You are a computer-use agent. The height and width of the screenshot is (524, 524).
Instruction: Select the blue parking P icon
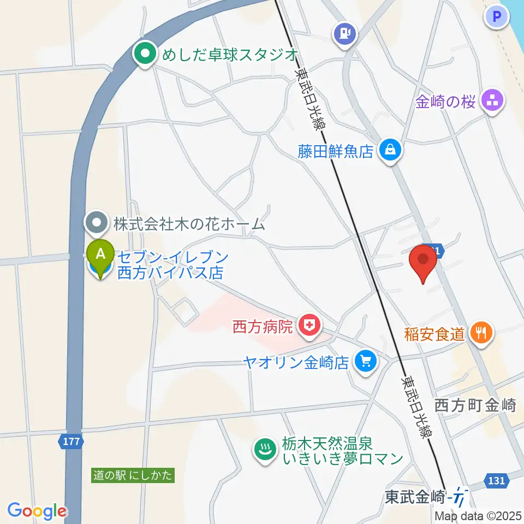[x=496, y=17]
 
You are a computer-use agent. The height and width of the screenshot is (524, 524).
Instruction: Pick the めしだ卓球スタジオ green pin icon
[x=145, y=54]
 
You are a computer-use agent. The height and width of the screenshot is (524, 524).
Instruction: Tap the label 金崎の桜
[x=445, y=102]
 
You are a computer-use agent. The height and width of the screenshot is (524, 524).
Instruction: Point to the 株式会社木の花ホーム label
[x=189, y=223]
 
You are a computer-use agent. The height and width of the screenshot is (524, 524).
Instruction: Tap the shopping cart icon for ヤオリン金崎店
[x=365, y=360]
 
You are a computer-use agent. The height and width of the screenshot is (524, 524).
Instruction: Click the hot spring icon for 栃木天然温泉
[x=266, y=450]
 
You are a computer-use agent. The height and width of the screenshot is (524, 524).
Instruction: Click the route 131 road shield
[x=496, y=480]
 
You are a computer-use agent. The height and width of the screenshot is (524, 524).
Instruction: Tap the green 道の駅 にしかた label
[x=133, y=475]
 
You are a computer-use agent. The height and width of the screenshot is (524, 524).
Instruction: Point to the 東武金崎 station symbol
[x=460, y=498]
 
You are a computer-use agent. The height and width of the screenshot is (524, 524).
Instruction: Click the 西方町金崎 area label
[x=475, y=405]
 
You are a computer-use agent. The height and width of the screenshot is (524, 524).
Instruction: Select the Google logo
[x=37, y=511]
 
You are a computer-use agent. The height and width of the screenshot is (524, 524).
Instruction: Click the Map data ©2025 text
[x=478, y=516]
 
